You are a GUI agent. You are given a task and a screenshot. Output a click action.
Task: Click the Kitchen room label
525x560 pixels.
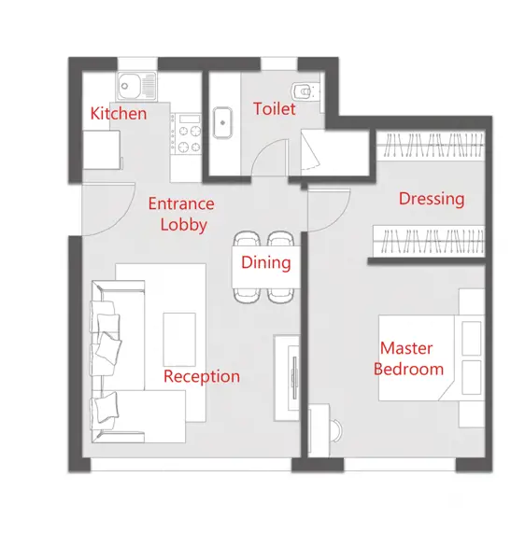(119, 114)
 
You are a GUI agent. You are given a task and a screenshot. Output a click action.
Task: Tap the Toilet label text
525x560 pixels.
(275, 108)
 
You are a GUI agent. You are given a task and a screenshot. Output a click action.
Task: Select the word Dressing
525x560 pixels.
(432, 200)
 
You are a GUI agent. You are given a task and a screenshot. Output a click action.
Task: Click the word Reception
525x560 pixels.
(202, 377)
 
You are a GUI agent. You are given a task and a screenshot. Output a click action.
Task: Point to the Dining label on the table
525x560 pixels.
(266, 263)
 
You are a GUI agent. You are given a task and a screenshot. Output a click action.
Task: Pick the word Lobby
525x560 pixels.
(184, 225)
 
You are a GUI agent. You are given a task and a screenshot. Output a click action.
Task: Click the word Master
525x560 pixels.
(406, 348)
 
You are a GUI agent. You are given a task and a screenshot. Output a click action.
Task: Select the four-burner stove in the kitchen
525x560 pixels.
(186, 133)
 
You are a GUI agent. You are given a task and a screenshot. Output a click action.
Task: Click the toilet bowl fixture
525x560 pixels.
(304, 91)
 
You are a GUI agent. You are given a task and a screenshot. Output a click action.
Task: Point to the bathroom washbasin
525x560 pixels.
(222, 123)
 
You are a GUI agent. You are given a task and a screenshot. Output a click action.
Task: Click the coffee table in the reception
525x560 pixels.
(179, 340)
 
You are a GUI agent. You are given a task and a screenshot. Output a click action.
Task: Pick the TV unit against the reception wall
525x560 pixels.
(287, 378)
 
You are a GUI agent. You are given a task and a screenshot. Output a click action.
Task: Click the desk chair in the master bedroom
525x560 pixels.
(336, 430)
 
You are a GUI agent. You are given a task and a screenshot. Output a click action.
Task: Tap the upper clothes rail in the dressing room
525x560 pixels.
(431, 146)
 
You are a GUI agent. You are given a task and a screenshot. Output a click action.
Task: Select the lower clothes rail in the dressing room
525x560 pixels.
(429, 241)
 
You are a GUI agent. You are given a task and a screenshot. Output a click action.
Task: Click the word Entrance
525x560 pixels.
(181, 203)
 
